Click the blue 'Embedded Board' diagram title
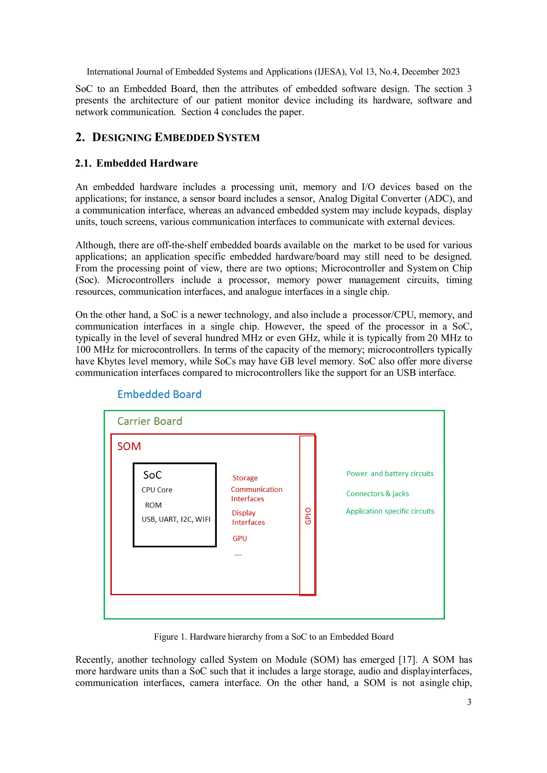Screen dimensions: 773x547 159,394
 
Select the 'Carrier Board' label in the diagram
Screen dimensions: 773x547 150,421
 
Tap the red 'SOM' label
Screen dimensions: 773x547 129,447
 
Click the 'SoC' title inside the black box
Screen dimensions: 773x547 153,475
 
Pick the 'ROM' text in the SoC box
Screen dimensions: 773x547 153,505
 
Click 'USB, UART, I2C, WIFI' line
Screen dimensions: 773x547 176,519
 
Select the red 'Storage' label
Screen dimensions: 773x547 245,478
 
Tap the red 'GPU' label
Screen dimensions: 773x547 240,538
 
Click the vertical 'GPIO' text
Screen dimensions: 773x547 308,516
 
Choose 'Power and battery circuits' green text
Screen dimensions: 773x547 390,474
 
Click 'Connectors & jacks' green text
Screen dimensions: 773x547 377,494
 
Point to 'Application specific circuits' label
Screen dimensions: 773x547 390,511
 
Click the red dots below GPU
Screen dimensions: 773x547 238,554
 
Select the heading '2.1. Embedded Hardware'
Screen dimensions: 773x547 136,163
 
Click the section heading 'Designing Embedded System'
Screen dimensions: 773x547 176,137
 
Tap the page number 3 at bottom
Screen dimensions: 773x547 469,702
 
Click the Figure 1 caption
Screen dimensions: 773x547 273,637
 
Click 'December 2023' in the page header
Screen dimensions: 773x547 431,72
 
